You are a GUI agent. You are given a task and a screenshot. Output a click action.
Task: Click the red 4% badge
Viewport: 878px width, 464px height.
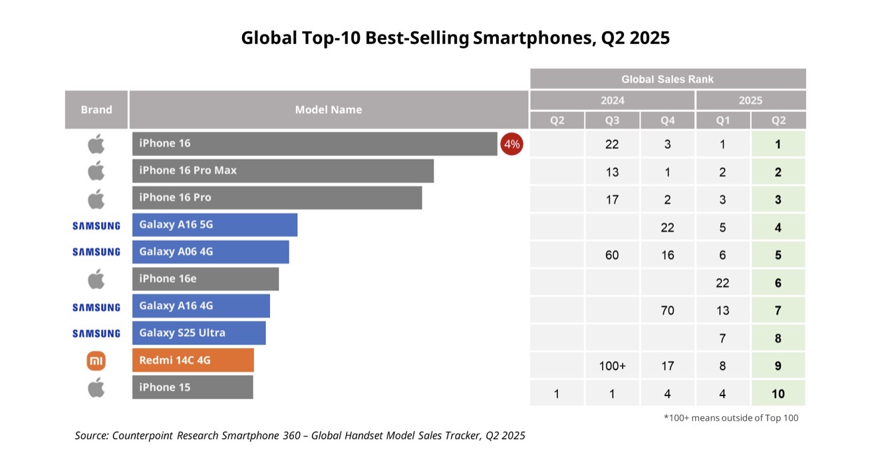(512, 144)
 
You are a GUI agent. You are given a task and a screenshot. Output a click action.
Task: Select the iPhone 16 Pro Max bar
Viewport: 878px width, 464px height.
(283, 171)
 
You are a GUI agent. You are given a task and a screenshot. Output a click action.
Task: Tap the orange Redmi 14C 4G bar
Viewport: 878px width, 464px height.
(193, 360)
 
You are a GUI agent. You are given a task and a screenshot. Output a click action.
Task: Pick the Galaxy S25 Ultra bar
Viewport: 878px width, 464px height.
(199, 333)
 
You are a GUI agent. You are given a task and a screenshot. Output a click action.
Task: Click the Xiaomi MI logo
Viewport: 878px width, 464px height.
(96, 361)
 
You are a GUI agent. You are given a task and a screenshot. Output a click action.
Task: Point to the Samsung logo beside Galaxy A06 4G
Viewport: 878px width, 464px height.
(96, 252)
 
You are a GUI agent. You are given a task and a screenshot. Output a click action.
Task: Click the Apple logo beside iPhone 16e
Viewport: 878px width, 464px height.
(96, 279)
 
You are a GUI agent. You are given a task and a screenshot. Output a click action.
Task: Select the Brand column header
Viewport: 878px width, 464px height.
(96, 110)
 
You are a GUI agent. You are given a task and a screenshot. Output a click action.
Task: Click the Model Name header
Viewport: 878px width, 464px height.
(329, 110)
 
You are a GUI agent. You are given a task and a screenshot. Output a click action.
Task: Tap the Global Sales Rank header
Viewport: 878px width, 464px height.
(667, 79)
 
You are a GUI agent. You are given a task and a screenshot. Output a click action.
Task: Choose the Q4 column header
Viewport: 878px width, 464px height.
(667, 120)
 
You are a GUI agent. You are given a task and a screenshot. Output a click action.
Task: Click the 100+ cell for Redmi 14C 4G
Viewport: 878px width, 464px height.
(612, 365)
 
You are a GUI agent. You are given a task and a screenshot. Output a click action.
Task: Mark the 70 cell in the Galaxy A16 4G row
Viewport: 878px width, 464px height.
(667, 310)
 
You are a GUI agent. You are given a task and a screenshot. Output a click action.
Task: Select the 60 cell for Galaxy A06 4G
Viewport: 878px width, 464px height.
(612, 255)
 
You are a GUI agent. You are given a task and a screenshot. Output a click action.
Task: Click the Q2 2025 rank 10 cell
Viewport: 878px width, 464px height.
(778, 393)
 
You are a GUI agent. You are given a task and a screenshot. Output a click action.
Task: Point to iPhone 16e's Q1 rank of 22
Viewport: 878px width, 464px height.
(722, 283)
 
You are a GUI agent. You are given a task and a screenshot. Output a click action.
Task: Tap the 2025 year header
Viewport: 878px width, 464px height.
(750, 101)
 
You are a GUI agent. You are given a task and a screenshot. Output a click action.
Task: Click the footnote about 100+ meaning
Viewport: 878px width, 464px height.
(730, 418)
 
